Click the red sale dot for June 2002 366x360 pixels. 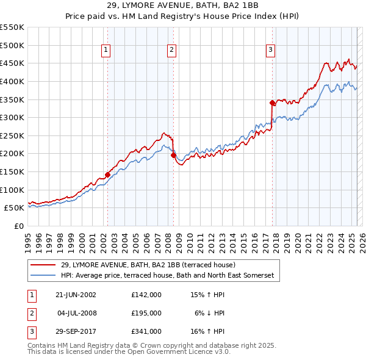coord(108,175)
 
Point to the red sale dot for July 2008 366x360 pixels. coord(173,156)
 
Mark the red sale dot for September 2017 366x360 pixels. coord(272,103)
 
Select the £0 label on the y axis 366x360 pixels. coord(18,226)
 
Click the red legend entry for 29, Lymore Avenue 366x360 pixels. coord(152,265)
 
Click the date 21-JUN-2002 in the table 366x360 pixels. coord(76,295)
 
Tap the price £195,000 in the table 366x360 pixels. coord(146,313)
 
